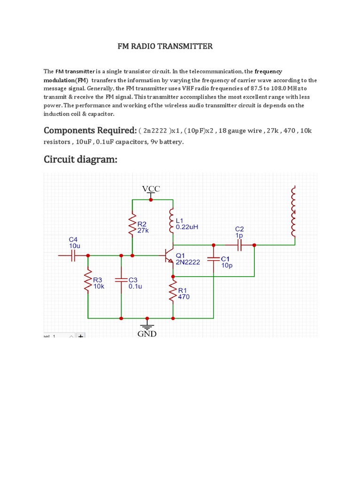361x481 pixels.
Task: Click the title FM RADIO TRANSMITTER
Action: click(165, 46)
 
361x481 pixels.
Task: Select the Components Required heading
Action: click(90, 130)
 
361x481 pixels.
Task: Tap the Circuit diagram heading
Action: click(80, 160)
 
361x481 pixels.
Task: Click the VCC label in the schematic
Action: click(151, 189)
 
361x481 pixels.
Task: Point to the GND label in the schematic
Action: click(147, 334)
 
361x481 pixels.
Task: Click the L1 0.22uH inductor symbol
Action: click(173, 221)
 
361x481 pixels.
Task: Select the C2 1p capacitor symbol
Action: click(239, 245)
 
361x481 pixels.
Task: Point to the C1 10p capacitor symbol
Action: click(214, 259)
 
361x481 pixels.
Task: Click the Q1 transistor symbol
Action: click(169, 256)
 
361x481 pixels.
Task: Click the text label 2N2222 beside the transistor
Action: click(188, 262)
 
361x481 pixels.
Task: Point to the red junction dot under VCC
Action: click(150, 199)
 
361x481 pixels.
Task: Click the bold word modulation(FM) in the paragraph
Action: click(66, 80)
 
